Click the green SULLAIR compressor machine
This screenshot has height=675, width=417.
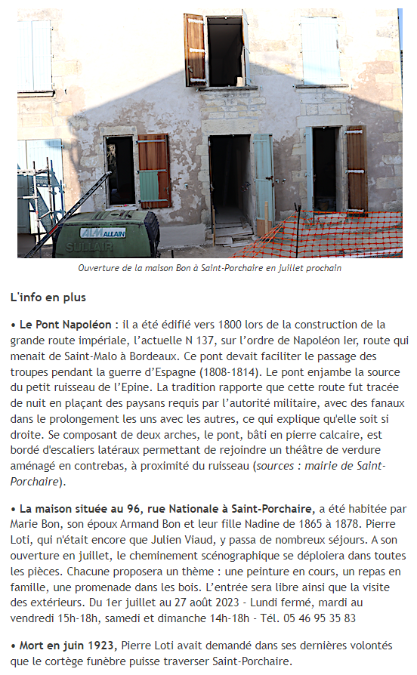click(x=106, y=236)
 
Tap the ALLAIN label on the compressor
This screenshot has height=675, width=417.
click(x=103, y=233)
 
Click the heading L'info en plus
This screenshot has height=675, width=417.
click(x=48, y=297)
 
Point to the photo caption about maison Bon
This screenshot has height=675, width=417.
click(x=209, y=268)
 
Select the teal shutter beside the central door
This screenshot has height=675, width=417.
click(x=263, y=178)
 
